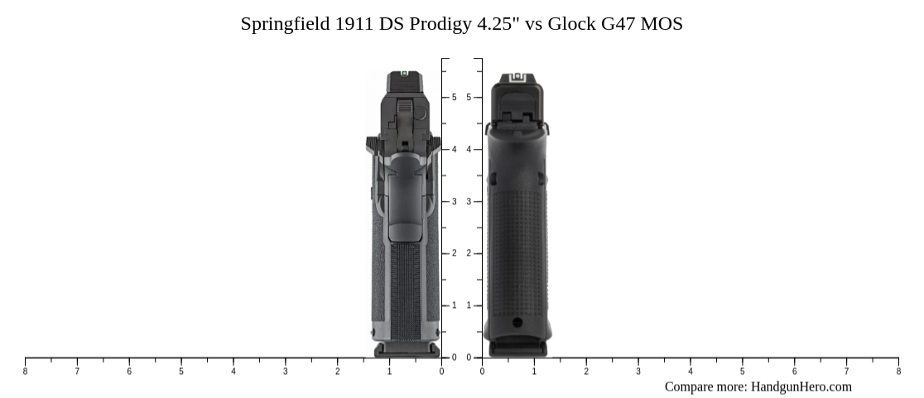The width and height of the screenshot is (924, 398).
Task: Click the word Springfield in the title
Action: point(285,24)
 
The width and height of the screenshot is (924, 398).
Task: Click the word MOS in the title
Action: point(662,24)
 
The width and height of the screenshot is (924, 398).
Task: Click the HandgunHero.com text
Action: point(801,386)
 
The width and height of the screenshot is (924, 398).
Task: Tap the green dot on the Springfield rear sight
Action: point(404,74)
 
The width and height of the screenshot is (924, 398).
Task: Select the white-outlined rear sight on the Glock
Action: point(517,78)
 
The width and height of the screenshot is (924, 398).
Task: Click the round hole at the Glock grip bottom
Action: point(517,322)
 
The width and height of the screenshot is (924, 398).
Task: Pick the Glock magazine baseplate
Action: point(517,348)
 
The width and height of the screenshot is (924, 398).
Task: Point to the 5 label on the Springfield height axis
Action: point(454,98)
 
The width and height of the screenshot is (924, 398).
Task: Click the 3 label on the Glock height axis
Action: point(469,202)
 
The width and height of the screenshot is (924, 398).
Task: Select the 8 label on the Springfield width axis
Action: point(25,372)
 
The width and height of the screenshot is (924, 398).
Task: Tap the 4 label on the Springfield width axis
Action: point(233,372)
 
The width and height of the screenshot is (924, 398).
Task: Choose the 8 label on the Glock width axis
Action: point(898,372)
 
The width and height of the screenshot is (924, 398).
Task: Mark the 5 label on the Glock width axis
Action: point(742,372)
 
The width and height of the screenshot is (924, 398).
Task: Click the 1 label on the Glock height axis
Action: point(469,306)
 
